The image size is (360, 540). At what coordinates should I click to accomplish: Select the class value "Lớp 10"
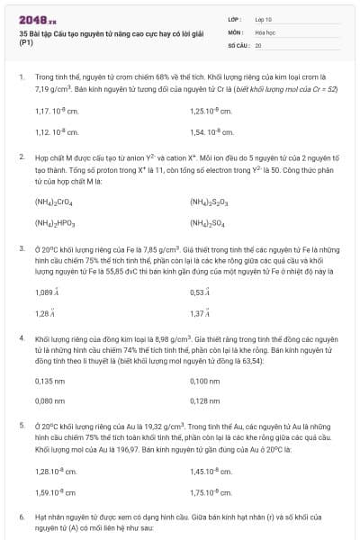[264, 18]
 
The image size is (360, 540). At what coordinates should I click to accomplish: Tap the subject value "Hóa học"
[265, 31]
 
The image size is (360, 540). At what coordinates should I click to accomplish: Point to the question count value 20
[258, 44]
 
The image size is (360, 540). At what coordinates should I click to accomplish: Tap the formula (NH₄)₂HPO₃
[55, 222]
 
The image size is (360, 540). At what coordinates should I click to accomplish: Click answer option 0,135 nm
[49, 381]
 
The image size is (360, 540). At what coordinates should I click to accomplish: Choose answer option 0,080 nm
[49, 400]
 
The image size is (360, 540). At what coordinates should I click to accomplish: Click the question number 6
[22, 518]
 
